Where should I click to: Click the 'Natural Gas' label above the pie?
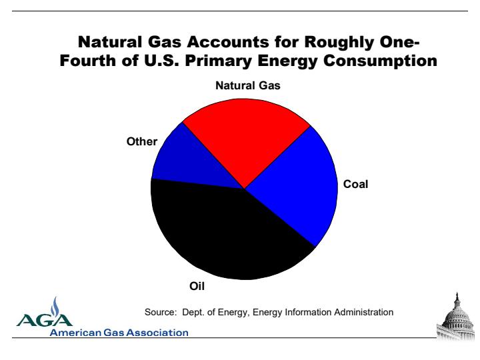coord(248,85)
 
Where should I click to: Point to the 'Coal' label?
coord(355,184)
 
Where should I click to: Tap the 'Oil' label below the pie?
coord(197,286)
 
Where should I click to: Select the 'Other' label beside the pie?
coord(142,141)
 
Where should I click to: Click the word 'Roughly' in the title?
coord(339,43)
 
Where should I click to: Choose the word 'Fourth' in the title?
coord(88,60)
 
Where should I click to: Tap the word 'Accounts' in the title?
coord(228,42)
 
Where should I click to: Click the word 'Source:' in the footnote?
coord(161,312)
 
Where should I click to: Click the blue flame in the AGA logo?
coord(55,307)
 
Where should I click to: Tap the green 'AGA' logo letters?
coord(45,320)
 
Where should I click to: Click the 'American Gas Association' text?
coord(119,333)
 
